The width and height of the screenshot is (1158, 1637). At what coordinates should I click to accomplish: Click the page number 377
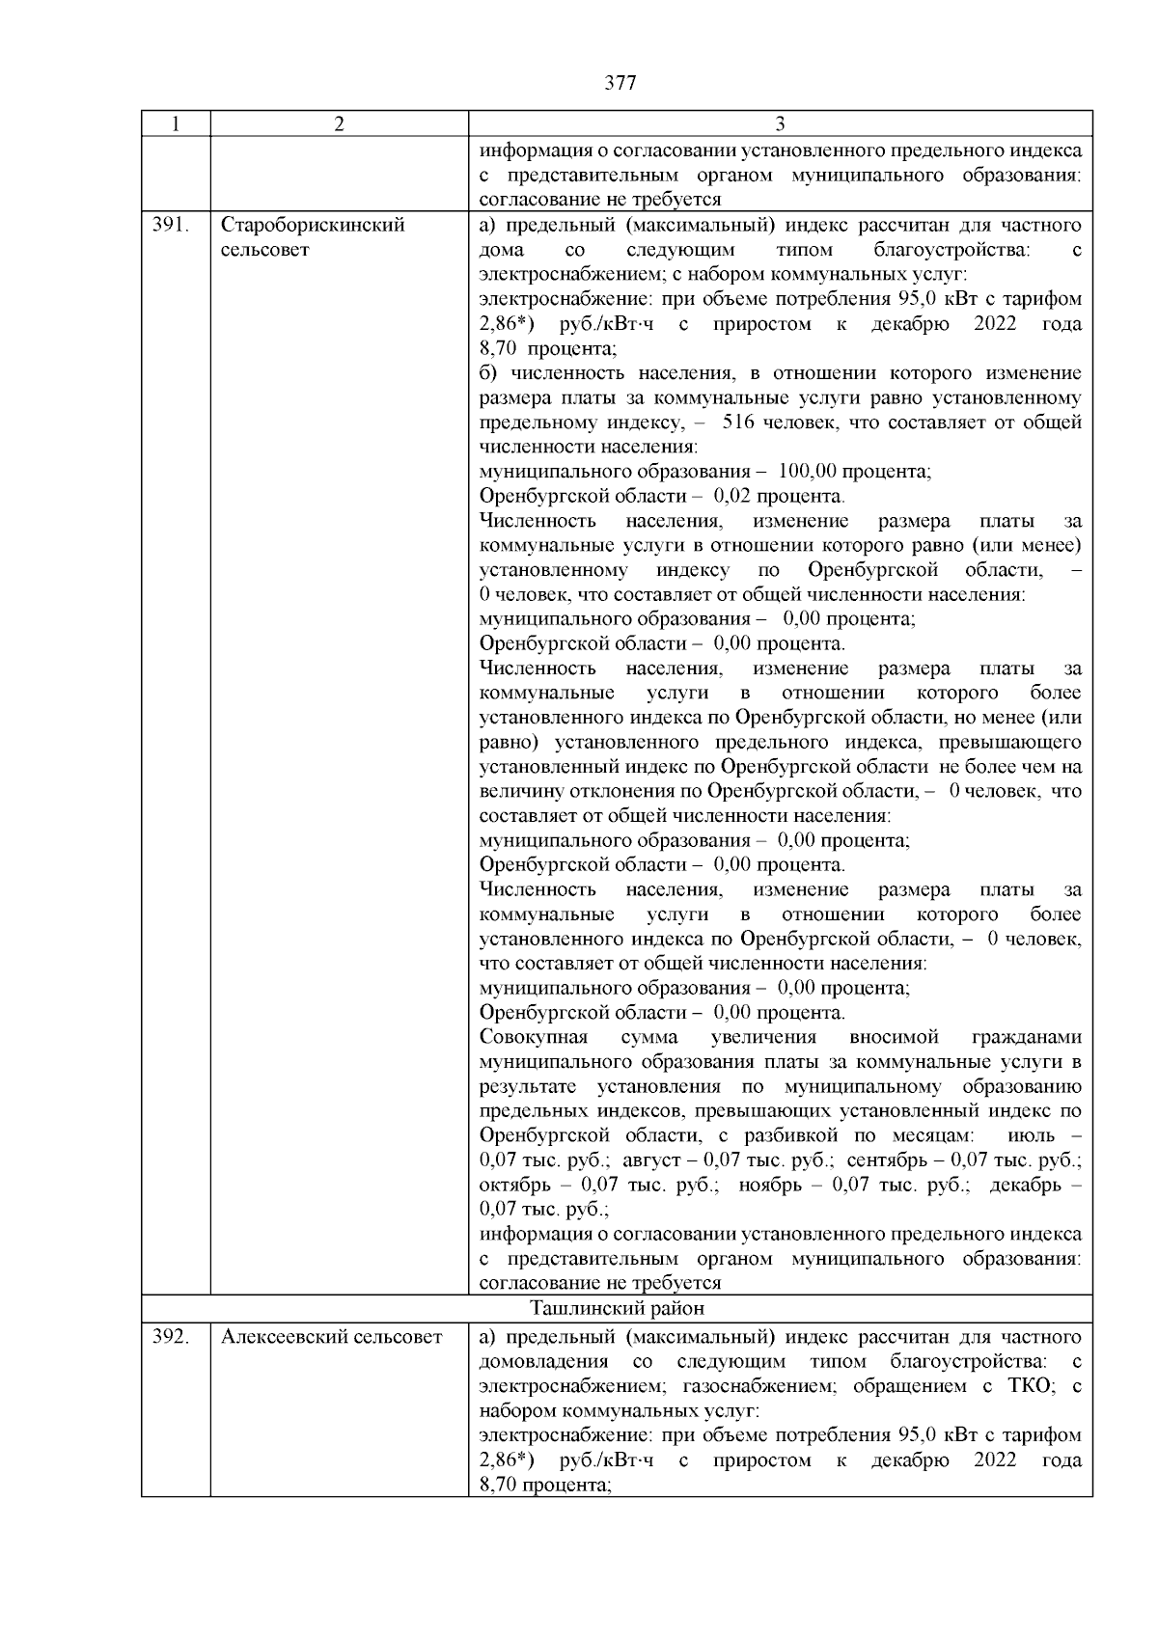[x=620, y=83]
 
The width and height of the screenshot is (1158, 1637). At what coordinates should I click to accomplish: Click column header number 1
[x=175, y=124]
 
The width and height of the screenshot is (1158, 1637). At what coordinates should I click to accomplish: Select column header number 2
[x=339, y=124]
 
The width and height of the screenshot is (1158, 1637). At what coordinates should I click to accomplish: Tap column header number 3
[x=780, y=124]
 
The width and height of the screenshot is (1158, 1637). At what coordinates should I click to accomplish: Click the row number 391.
[x=170, y=226]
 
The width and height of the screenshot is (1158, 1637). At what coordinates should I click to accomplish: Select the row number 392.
[x=170, y=1337]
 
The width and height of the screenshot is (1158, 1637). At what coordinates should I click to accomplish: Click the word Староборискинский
[x=314, y=226]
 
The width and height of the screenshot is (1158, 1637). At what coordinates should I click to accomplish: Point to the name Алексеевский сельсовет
[x=331, y=1337]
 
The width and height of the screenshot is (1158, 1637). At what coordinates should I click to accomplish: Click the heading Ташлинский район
[x=617, y=1309]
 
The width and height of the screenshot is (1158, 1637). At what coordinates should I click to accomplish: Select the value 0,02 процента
[x=778, y=497]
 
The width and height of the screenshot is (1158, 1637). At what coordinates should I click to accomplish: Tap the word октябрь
[x=515, y=1185]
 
